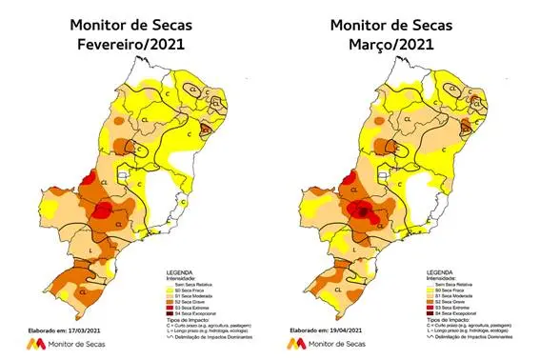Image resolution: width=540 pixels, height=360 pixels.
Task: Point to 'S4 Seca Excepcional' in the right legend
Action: (461, 313)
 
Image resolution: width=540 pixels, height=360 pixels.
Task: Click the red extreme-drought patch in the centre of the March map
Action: (363, 210)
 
